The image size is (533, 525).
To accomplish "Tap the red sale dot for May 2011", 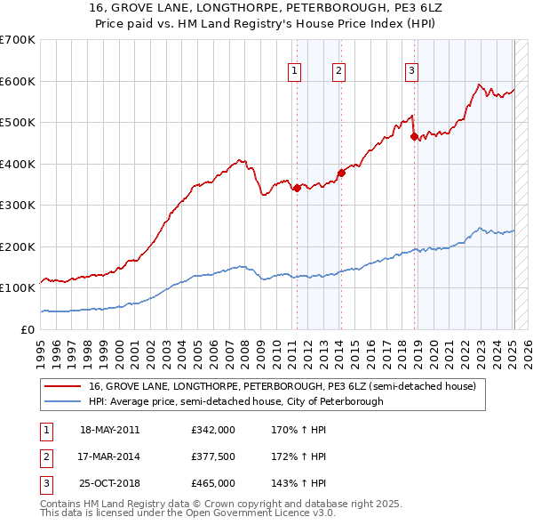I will pos(297,188).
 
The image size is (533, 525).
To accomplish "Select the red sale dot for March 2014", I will pos(341,173).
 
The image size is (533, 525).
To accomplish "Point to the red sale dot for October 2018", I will pos(414,136).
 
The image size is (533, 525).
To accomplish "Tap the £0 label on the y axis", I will pos(27,329).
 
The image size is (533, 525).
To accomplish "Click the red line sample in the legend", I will pos(63,386).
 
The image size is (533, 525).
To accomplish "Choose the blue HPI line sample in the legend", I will pos(63,401).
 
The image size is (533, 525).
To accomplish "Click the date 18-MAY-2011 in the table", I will pos(109,430).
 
